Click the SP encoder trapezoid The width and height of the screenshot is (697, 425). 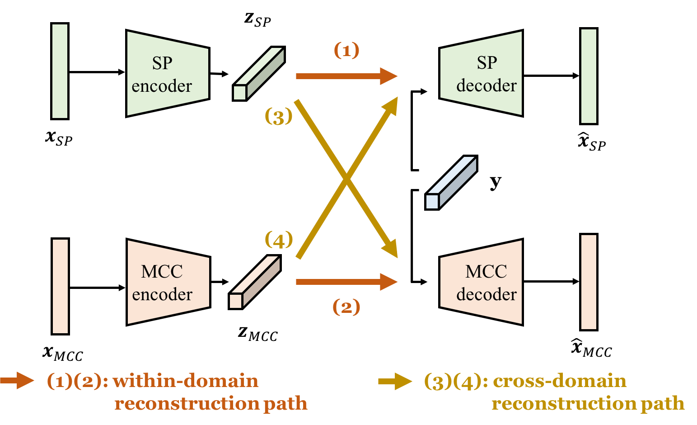pos(167,74)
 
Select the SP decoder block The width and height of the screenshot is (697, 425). pos(482,74)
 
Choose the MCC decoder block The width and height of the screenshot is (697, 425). pos(482,282)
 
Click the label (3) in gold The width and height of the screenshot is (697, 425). pos(278,117)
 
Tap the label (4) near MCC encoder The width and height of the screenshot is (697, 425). pos(278,240)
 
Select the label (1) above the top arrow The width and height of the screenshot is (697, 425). pos(346,50)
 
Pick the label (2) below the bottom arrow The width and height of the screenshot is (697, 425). pos(346,307)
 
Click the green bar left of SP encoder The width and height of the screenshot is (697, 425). pos(60,71)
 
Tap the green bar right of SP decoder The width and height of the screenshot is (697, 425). pos(589,76)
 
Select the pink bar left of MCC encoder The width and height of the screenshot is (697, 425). pos(60,286)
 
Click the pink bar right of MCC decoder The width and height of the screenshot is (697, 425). pos(589,282)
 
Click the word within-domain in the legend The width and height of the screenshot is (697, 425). pos(185,381)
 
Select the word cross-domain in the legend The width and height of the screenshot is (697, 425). pos(559,381)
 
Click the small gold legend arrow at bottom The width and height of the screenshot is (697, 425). pos(395,381)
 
